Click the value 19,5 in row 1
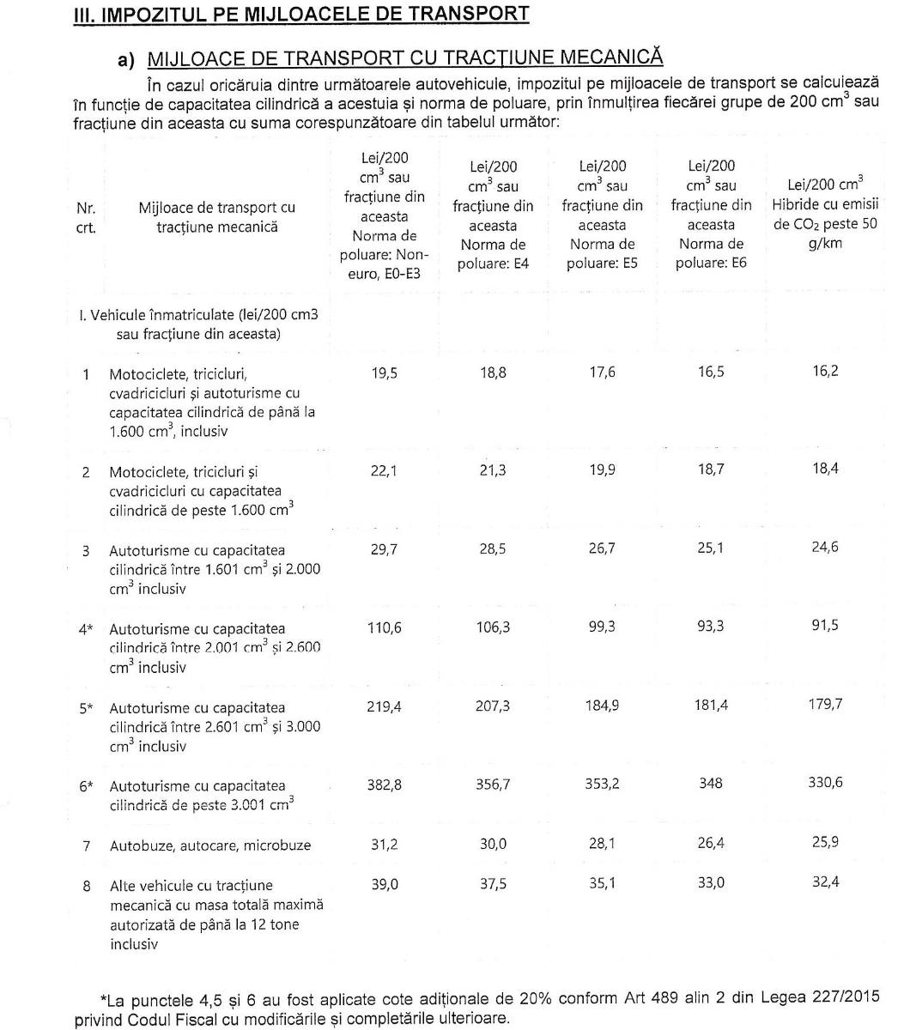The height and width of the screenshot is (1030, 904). coord(385,373)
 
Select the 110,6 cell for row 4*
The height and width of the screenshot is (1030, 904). coord(385,627)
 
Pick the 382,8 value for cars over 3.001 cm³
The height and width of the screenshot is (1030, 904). coord(385,783)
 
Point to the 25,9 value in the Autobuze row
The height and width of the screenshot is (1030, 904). coord(824,843)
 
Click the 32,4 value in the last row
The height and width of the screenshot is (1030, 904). coord(824,882)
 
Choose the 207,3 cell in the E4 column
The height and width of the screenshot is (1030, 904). coord(493,706)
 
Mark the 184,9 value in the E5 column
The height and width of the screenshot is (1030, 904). coord(602,706)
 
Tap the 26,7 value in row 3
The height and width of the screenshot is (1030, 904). coord(602,548)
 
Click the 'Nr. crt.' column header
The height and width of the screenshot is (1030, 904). coord(86,218)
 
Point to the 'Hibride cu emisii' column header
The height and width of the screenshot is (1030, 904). coord(824,205)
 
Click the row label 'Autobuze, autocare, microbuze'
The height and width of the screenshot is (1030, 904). coord(210,845)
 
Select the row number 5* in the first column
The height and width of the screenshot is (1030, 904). coord(86,708)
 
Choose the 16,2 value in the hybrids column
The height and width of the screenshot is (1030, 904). coord(824,372)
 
